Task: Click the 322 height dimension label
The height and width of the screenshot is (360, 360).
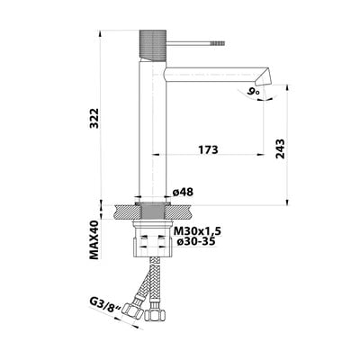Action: pos(94,118)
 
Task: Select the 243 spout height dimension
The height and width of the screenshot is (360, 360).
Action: pos(280,148)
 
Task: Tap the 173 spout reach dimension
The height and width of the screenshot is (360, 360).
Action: pos(208,149)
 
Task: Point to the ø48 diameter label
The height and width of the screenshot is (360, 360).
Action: pos(183,192)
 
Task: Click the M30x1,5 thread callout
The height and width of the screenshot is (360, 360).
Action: pos(197,231)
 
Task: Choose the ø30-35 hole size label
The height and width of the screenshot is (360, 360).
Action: pos(195,241)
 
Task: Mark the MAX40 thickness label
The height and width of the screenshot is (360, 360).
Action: pos(94,239)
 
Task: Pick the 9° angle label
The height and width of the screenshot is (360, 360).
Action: pos(253,92)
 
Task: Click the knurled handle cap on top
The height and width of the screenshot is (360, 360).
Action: pos(153,45)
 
